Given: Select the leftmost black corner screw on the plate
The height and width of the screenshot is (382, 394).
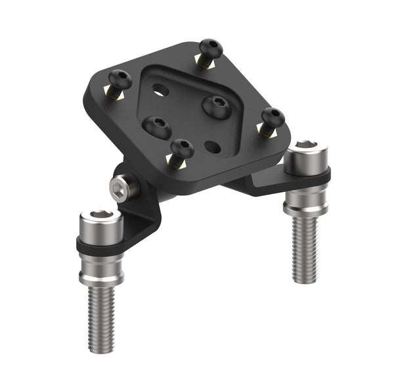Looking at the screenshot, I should click(120, 81).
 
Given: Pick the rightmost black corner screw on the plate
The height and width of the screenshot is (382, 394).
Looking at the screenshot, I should click(273, 118).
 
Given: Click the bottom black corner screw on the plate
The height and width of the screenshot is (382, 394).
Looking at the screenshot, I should click(181, 149).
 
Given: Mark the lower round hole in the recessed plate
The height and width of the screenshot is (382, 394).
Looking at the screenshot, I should click(212, 146).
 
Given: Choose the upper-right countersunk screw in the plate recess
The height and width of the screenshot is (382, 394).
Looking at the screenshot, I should click(216, 105).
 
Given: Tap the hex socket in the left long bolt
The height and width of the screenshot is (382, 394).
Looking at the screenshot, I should click(100, 214).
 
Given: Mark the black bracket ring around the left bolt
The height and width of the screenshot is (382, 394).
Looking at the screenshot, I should click(100, 247).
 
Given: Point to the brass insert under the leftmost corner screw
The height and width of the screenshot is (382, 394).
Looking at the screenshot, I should click(114, 96).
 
